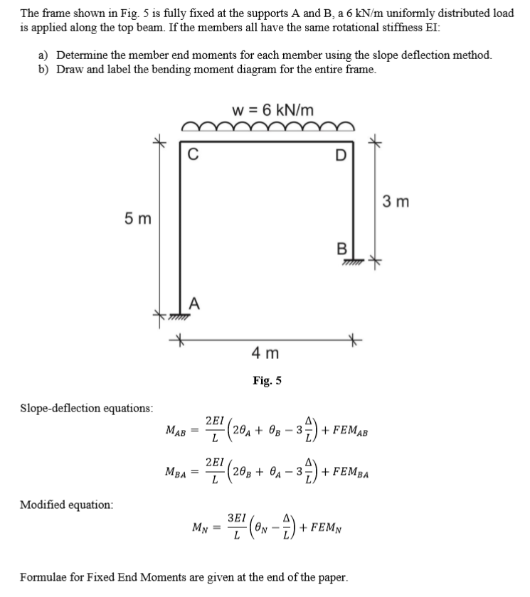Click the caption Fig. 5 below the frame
267,380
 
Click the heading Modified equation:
66,504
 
